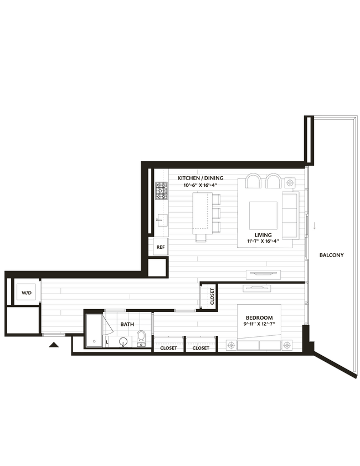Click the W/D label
coord(27,292)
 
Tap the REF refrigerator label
coord(161,247)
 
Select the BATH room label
coord(128,324)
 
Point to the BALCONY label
coord(332,255)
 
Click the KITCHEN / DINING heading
coord(200,178)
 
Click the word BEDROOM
coord(259,318)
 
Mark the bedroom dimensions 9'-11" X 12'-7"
coord(259,324)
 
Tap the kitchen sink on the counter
coord(161,220)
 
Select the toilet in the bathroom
coord(141,337)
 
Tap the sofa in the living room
coord(290,214)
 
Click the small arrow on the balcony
coord(314,225)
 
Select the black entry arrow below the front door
coord(54,346)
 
